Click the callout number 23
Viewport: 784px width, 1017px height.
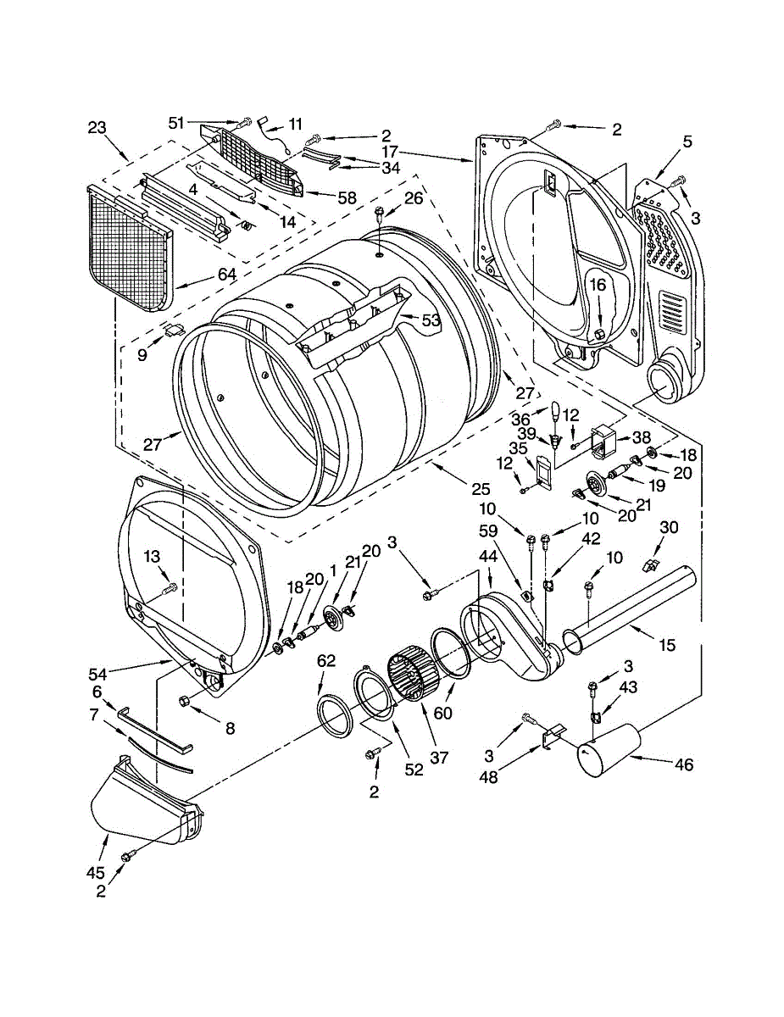[x=97, y=127]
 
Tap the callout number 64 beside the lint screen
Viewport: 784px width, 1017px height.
[x=226, y=275]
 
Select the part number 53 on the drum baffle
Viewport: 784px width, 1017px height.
[x=431, y=320]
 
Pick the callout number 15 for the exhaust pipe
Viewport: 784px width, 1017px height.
[x=667, y=646]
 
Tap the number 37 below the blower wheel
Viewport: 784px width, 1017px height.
[x=439, y=758]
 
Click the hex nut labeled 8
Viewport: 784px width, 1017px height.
[x=184, y=701]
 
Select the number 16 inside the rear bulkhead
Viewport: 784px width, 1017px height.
[x=598, y=285]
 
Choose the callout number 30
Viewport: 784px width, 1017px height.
[x=669, y=527]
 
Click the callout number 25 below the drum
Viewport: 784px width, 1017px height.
[x=481, y=490]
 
